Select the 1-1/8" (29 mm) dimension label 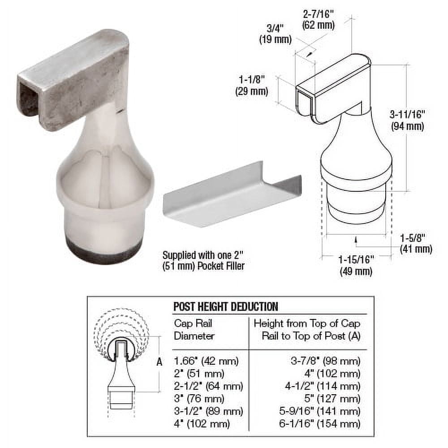[x=251, y=86]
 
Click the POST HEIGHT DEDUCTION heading [x=225, y=306]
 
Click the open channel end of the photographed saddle [x=28, y=101]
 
